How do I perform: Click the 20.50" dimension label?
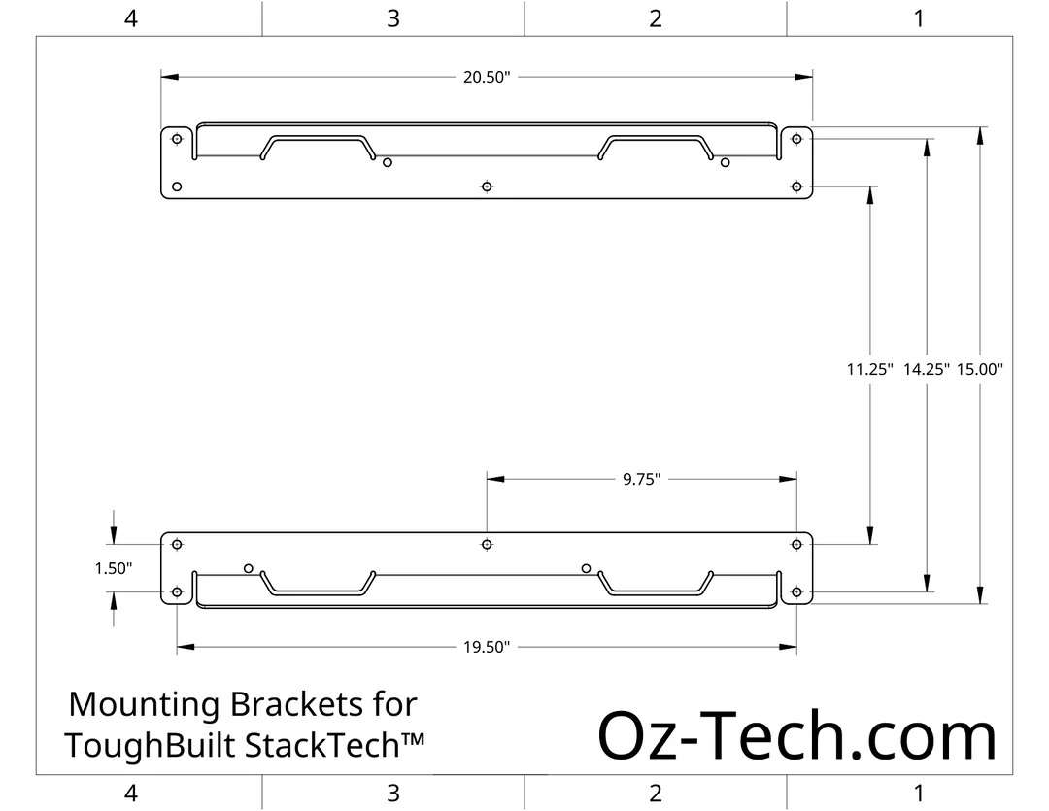click(487, 77)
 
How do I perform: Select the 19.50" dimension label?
click(487, 647)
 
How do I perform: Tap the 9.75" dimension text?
click(642, 479)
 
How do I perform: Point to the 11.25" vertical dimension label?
click(869, 369)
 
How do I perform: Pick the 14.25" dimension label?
click(926, 369)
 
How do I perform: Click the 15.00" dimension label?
click(979, 369)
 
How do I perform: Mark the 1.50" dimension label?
click(113, 569)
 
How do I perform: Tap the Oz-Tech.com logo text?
click(796, 736)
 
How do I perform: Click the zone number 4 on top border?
click(131, 18)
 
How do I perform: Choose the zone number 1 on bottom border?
click(919, 793)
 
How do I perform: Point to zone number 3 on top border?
click(393, 18)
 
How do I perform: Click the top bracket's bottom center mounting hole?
click(487, 186)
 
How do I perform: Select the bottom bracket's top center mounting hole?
click(487, 545)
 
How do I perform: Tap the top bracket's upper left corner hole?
click(177, 139)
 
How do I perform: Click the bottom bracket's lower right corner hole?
click(796, 592)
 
